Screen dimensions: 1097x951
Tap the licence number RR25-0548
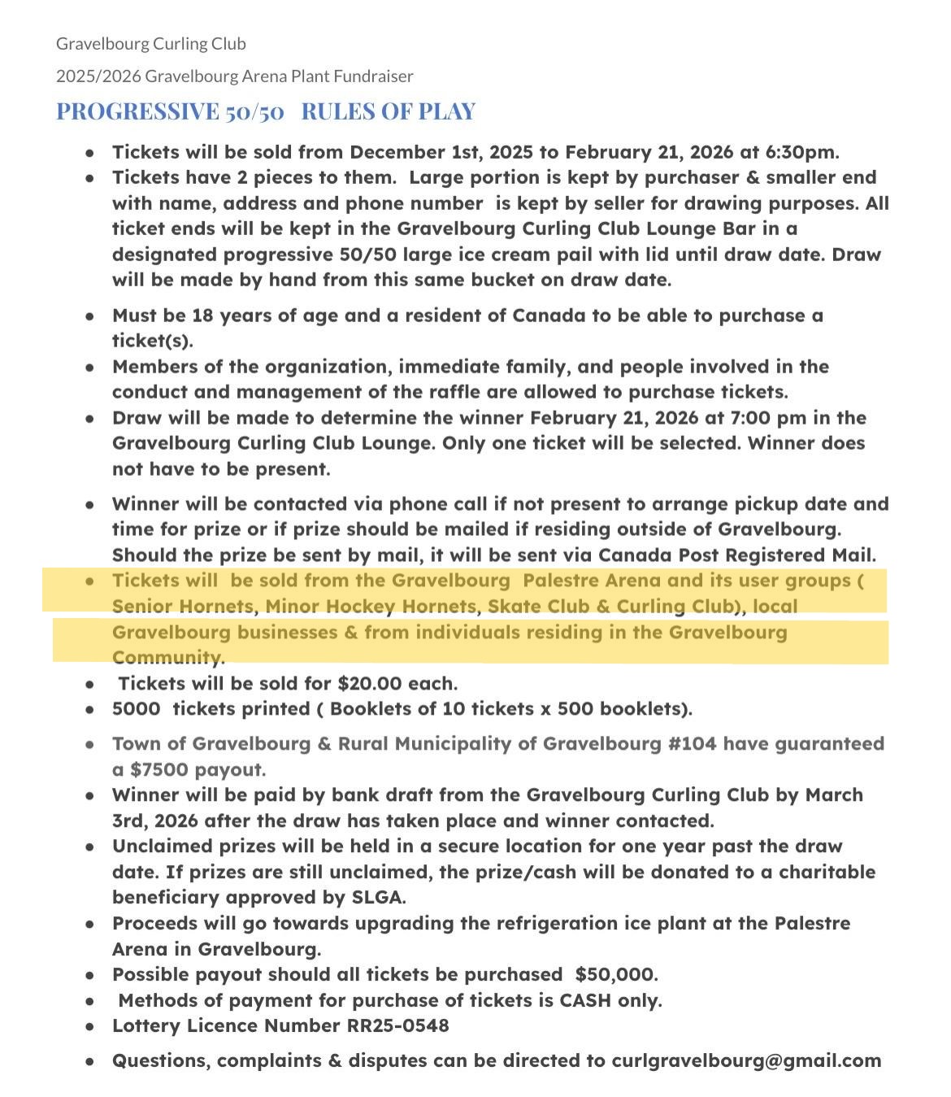coord(397,1025)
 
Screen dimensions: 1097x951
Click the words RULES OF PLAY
coord(388,111)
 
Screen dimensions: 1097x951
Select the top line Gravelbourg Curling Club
coord(150,43)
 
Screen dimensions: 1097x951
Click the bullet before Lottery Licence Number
coord(90,1026)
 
